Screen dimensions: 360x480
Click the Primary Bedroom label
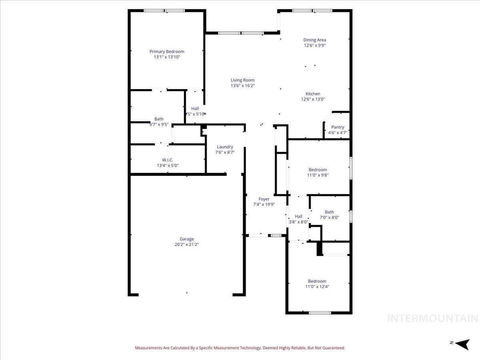click(x=167, y=51)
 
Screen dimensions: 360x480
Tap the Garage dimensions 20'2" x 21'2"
click(x=186, y=244)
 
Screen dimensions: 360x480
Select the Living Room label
click(x=242, y=80)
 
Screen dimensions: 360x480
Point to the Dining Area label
click(x=314, y=40)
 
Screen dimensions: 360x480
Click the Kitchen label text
click(x=313, y=94)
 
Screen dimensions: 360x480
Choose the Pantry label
click(x=338, y=127)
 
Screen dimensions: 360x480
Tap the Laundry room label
click(x=225, y=147)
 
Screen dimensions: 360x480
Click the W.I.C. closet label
click(x=168, y=160)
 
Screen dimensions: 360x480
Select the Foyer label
click(x=264, y=199)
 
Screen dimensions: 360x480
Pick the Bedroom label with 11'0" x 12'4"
click(x=317, y=281)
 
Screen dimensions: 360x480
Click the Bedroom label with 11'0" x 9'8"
click(x=318, y=170)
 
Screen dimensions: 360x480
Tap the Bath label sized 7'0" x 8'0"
click(x=329, y=212)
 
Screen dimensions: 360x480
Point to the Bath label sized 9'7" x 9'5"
click(x=159, y=119)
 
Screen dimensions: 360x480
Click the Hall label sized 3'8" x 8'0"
click(x=298, y=216)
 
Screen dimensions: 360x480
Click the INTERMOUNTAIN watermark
click(x=433, y=318)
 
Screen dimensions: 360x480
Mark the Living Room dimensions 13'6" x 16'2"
click(x=242, y=86)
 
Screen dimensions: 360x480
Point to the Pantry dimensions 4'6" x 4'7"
click(x=338, y=132)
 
